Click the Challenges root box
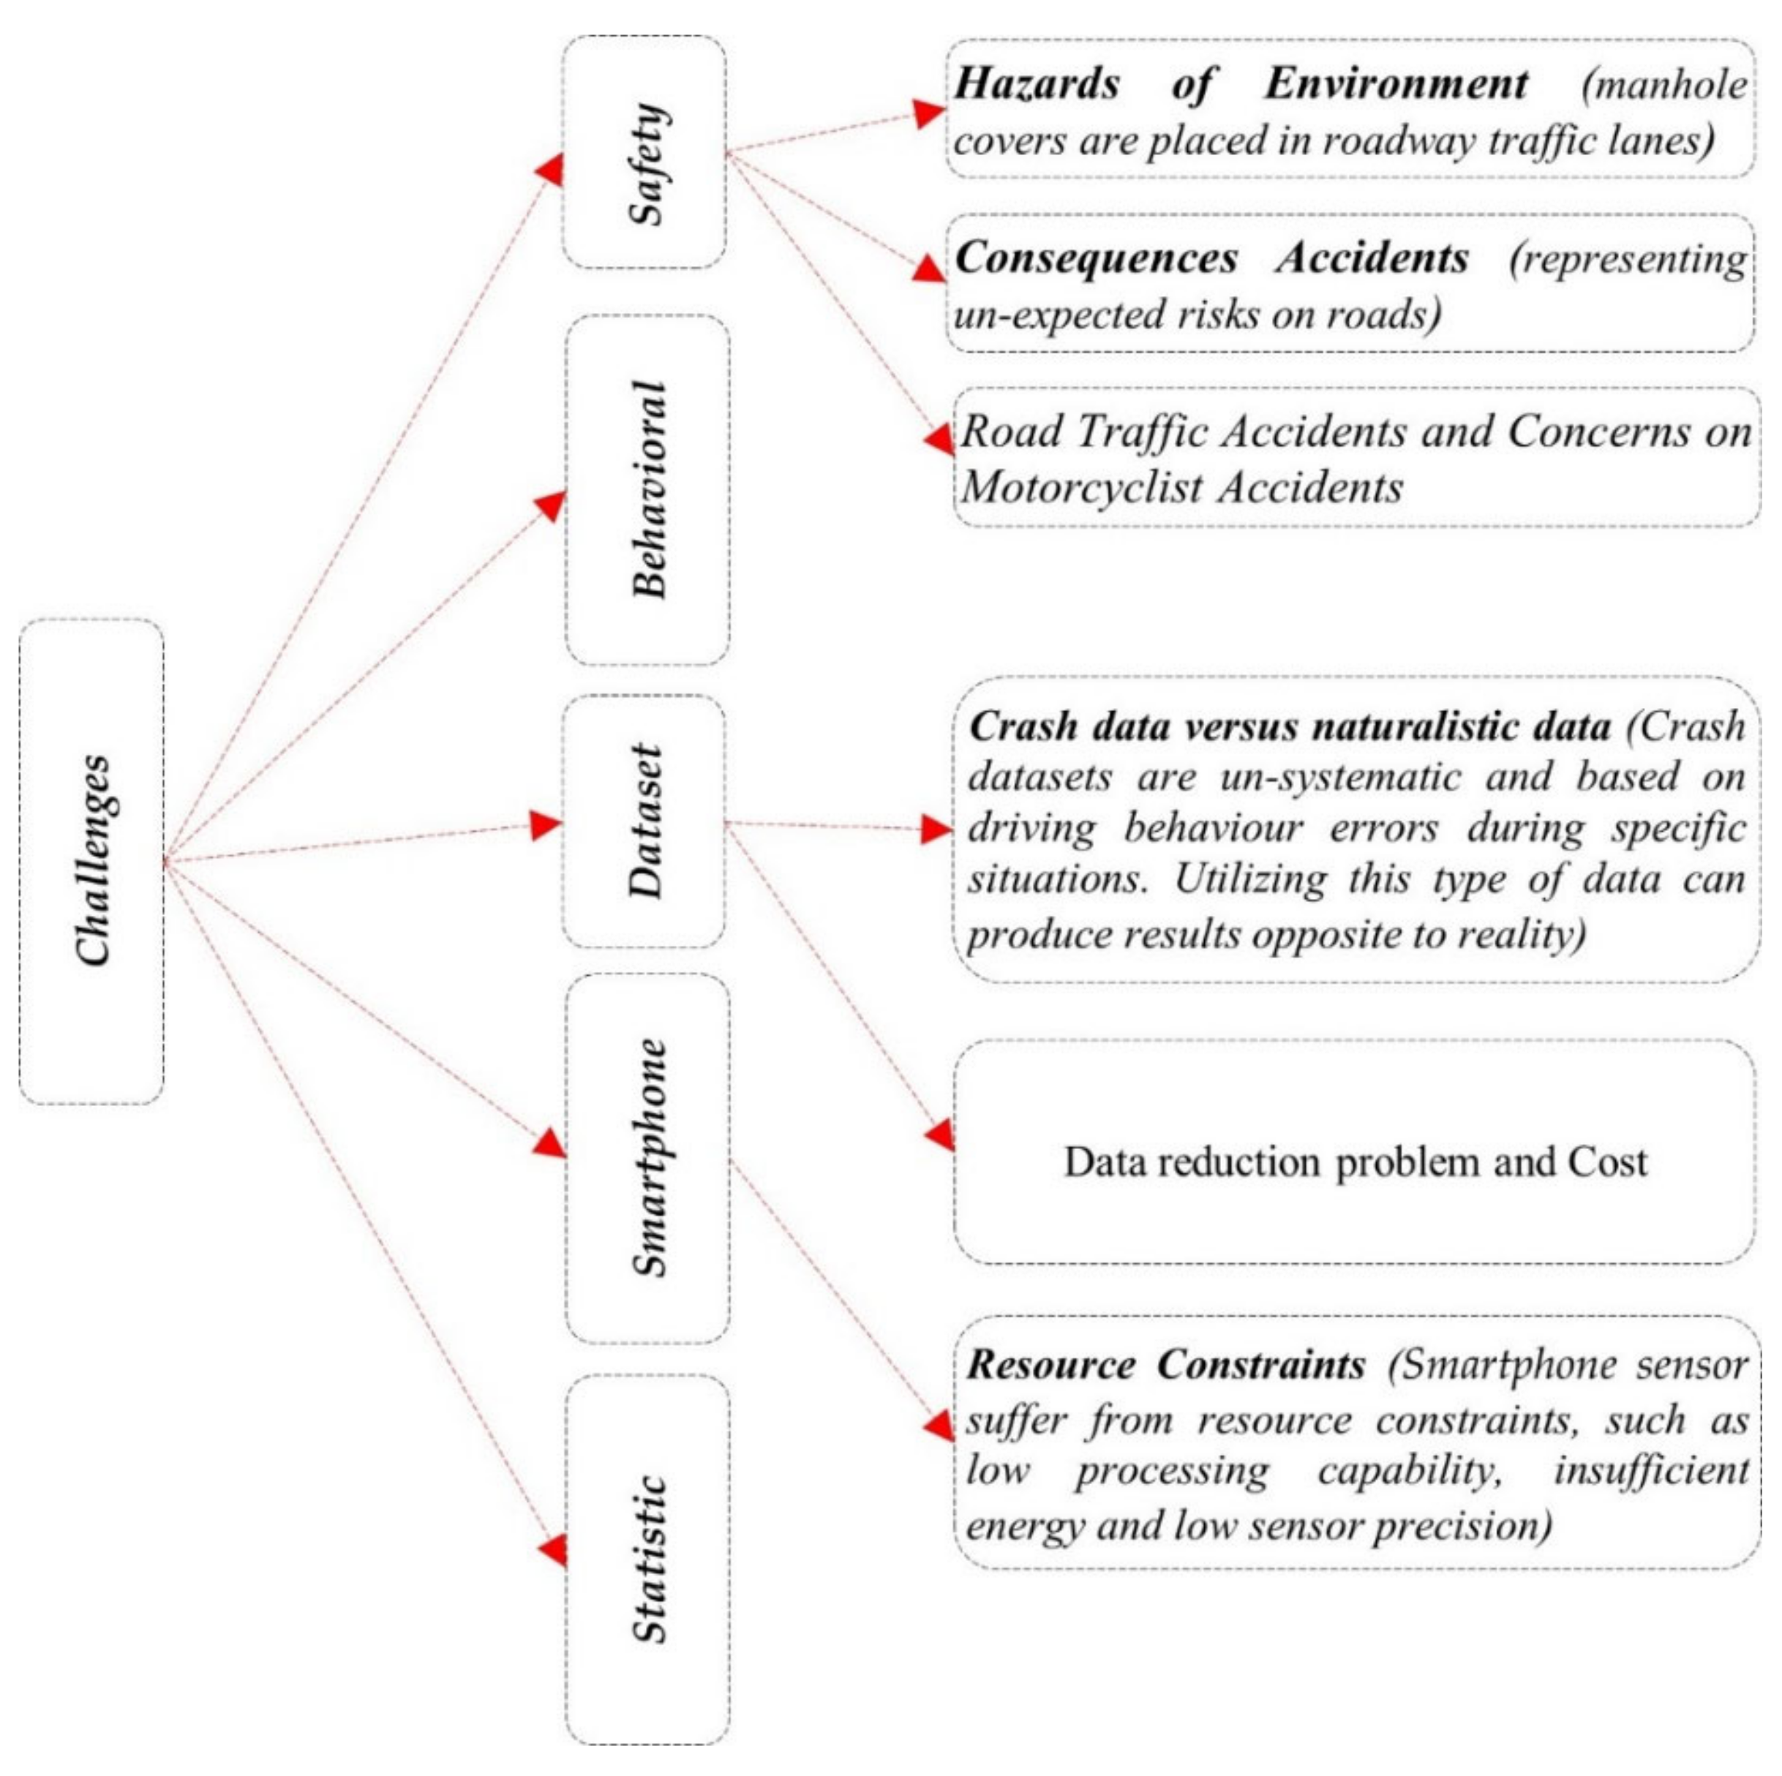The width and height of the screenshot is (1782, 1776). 92,861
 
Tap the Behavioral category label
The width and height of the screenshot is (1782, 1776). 648,489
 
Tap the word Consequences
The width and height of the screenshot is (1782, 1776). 1096,259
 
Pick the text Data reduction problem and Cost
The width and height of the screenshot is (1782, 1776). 1354,1162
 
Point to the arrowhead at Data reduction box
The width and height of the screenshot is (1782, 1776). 940,1135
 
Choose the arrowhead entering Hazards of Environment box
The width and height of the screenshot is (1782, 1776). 929,113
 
